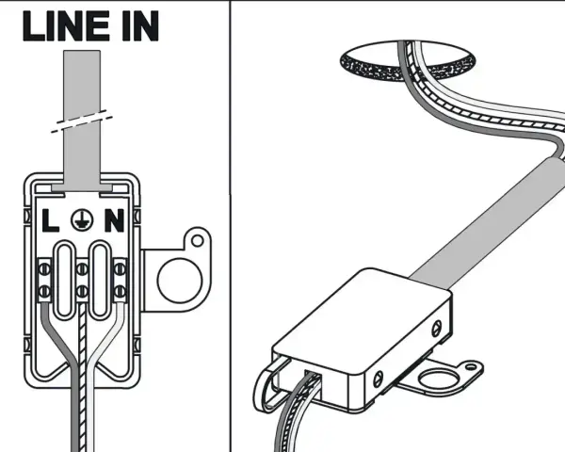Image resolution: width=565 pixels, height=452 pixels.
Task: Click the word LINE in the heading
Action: click(66, 25)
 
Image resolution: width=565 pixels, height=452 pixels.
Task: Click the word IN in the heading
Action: click(140, 25)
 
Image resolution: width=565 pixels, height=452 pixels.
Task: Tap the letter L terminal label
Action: click(50, 220)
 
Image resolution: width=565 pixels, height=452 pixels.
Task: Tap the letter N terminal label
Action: click(115, 220)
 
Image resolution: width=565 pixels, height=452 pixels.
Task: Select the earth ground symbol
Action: click(82, 219)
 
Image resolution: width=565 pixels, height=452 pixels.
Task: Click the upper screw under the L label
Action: click(44, 269)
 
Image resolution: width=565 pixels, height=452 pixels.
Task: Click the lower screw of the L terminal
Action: click(44, 291)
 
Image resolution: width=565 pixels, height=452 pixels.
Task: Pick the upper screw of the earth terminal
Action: click(82, 269)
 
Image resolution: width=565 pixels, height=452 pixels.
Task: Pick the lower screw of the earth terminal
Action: click(82, 291)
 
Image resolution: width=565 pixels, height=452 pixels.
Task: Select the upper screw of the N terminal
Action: click(120, 269)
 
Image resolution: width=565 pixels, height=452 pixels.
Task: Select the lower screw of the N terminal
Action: click(120, 291)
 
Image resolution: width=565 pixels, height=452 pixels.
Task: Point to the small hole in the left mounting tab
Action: click(197, 240)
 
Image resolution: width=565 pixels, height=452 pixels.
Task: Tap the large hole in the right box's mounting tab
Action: click(439, 379)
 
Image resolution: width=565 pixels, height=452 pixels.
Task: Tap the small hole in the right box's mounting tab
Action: click(471, 367)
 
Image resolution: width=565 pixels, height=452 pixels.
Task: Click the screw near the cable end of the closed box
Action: click(436, 328)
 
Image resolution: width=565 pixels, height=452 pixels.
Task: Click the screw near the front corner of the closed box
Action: click(378, 379)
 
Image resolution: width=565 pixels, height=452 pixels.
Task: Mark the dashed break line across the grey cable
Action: click(81, 121)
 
